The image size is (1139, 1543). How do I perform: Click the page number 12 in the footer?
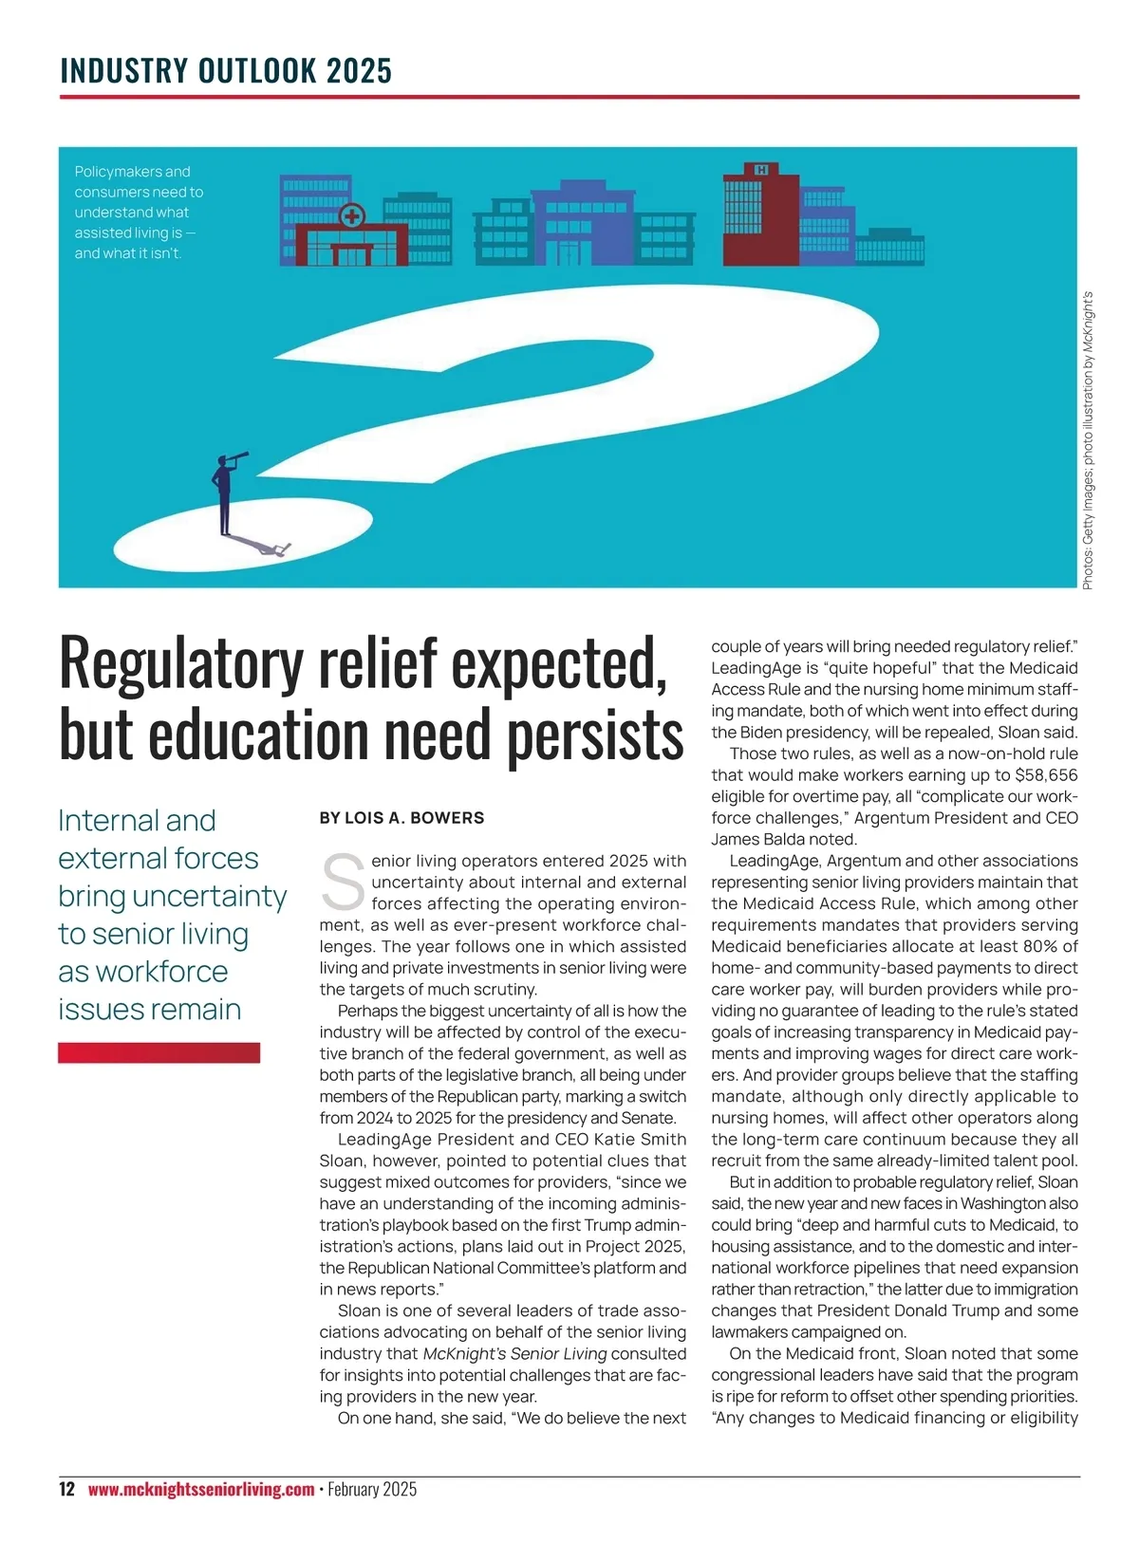pos(66,1489)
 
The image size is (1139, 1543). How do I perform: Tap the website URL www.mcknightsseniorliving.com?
pos(200,1489)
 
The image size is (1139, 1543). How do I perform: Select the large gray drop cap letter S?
pos(344,882)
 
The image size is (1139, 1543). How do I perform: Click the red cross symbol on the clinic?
pos(351,216)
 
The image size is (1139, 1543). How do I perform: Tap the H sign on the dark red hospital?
pos(760,169)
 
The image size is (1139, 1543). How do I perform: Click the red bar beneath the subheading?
pos(159,1052)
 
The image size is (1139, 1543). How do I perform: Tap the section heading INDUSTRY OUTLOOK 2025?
pos(226,71)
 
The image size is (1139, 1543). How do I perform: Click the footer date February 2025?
pos(372,1489)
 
